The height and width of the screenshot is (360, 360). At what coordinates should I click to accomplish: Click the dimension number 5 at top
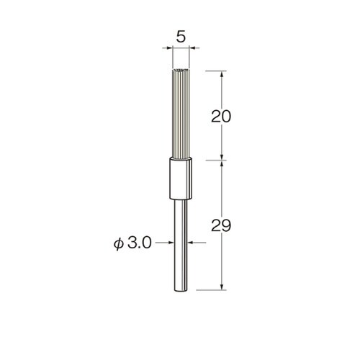181,37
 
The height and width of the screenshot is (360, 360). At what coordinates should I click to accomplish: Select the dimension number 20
221,117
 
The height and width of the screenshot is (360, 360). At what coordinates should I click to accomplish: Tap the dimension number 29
221,225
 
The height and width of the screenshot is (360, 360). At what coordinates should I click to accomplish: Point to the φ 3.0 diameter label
132,243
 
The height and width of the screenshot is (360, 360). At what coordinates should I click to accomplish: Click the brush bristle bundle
181,114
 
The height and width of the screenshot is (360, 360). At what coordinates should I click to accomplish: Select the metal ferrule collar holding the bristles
181,179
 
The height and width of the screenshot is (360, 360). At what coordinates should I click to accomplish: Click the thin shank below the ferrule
181,246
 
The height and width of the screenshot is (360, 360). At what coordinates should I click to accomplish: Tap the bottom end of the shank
181,291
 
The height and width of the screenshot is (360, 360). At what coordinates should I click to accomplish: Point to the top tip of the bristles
181,70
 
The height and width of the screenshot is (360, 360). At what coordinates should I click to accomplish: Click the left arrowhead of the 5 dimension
170,48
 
